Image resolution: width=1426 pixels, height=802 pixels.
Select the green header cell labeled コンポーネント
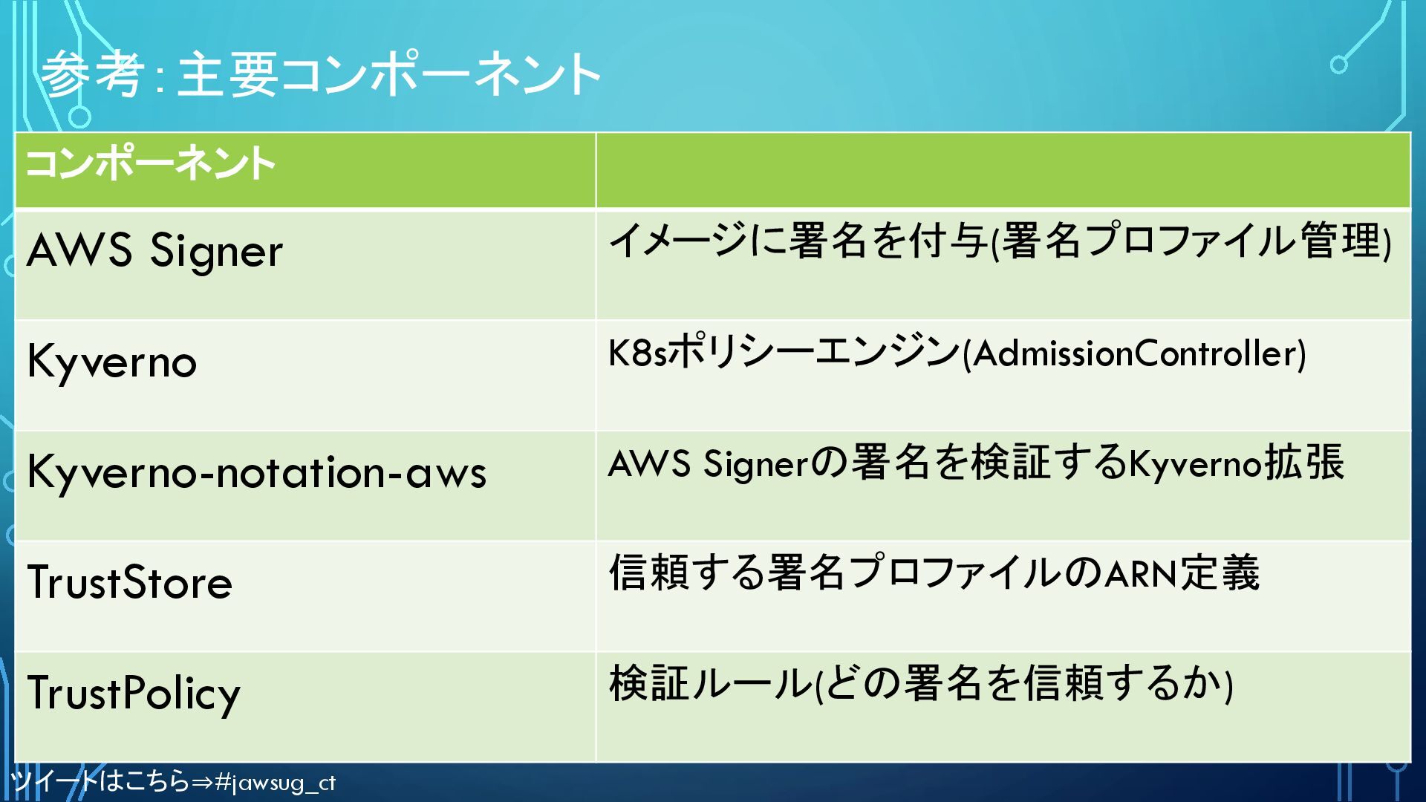[x=150, y=164]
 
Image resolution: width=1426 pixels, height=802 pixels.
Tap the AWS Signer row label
[x=154, y=250]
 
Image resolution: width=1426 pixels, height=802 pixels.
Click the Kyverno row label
[x=111, y=362]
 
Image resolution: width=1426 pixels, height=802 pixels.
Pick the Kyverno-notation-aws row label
[x=256, y=472]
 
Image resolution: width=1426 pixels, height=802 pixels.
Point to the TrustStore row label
[x=129, y=582]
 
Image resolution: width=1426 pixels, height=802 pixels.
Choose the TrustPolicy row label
[x=134, y=693]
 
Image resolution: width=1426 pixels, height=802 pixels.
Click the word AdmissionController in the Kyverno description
[x=1135, y=353]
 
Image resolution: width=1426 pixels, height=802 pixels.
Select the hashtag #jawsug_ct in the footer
[x=275, y=783]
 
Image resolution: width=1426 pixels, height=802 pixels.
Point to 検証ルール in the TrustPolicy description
[x=710, y=684]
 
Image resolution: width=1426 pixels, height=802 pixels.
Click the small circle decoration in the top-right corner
[x=1338, y=65]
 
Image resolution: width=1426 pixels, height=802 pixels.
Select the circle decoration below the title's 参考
[x=79, y=117]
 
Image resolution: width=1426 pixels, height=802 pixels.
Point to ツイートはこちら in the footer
[x=100, y=781]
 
